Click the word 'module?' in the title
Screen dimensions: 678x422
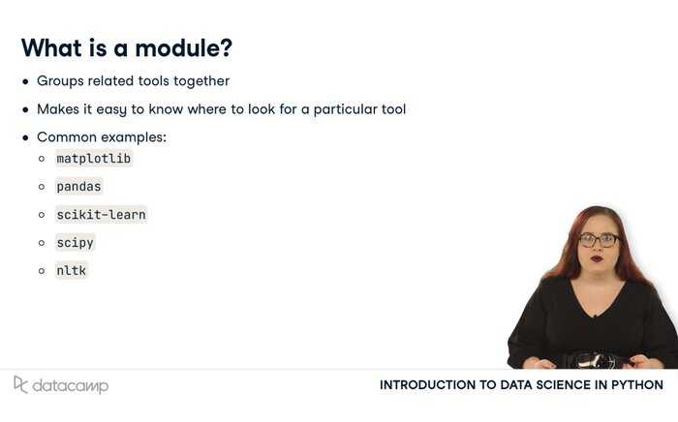pos(183,47)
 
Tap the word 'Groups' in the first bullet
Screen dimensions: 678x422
pos(60,81)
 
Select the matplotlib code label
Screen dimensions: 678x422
pos(93,159)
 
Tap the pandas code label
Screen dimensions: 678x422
pos(78,187)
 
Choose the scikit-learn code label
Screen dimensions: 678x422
pos(101,215)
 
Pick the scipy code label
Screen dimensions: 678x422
pos(75,243)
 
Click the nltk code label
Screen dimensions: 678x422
pos(72,271)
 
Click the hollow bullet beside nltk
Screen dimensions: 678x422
pos(42,271)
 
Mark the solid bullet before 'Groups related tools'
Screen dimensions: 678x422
pos(25,81)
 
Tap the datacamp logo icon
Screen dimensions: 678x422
pos(20,384)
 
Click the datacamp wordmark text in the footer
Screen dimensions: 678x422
pos(71,386)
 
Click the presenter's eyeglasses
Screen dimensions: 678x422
pos(599,240)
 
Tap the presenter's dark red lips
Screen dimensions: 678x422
pos(598,259)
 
